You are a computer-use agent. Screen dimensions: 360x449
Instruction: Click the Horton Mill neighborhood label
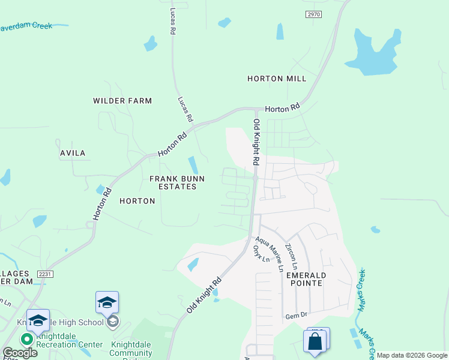[x=277, y=79]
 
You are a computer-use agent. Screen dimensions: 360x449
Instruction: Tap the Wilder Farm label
[x=122, y=101]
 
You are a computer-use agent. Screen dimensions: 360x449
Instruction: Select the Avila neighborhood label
[x=73, y=153]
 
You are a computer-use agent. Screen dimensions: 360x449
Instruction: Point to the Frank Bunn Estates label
[x=173, y=182]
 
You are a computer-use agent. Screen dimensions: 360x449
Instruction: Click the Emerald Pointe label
[x=306, y=278]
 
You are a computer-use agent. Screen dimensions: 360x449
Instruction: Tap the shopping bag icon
[x=315, y=341]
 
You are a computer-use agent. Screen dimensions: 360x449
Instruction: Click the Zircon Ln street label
[x=291, y=256]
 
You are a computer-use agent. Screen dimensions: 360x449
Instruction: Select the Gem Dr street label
[x=296, y=316]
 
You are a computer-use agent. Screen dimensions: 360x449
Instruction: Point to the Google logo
[x=20, y=353]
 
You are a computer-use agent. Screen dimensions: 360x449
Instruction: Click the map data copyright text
[x=412, y=355]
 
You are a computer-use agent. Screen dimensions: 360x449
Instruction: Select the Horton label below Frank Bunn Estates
[x=137, y=201]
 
